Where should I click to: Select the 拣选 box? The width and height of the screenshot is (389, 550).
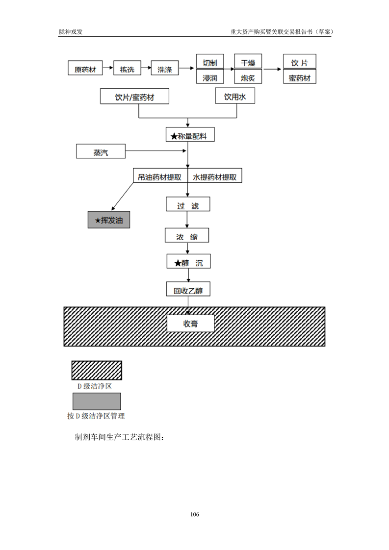click(127, 68)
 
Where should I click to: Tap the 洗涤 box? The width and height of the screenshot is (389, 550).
click(165, 68)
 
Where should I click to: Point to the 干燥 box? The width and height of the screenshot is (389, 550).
click(248, 62)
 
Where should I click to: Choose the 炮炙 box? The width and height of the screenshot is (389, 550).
click(248, 77)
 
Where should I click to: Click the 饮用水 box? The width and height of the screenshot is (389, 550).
click(235, 97)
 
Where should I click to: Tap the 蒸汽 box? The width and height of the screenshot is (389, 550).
click(101, 152)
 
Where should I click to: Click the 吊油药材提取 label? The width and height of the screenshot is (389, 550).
click(160, 176)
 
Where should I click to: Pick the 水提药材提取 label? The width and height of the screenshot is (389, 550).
click(215, 176)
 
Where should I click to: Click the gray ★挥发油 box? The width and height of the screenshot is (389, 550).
click(108, 220)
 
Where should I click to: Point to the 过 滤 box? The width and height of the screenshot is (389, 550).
click(188, 204)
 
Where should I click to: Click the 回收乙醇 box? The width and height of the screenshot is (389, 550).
click(188, 290)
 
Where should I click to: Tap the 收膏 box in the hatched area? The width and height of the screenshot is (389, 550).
click(191, 324)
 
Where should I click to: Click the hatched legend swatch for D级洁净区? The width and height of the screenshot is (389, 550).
click(97, 371)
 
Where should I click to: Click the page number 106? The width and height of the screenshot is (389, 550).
click(194, 514)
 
